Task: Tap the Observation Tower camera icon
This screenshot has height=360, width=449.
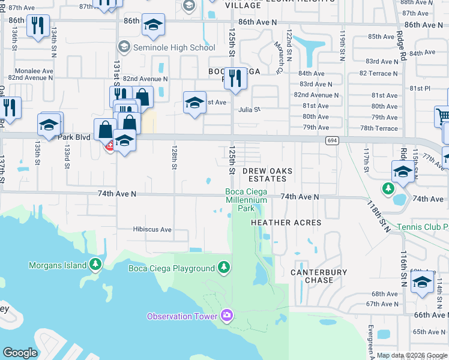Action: pyautogui.click(x=227, y=315)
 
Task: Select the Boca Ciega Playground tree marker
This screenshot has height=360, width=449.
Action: pyautogui.click(x=224, y=266)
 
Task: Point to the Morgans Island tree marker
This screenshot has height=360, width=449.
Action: pyautogui.click(x=95, y=264)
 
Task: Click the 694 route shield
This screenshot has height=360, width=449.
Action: pyautogui.click(x=331, y=140)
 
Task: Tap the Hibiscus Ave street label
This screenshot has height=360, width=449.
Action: pyautogui.click(x=152, y=229)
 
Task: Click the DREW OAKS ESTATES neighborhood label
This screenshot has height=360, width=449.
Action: pyautogui.click(x=268, y=175)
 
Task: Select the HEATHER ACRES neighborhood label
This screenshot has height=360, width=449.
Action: pyautogui.click(x=286, y=222)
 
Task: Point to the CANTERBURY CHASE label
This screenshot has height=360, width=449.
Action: pyautogui.click(x=319, y=276)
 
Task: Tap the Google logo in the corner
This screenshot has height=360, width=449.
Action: pyautogui.click(x=20, y=353)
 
